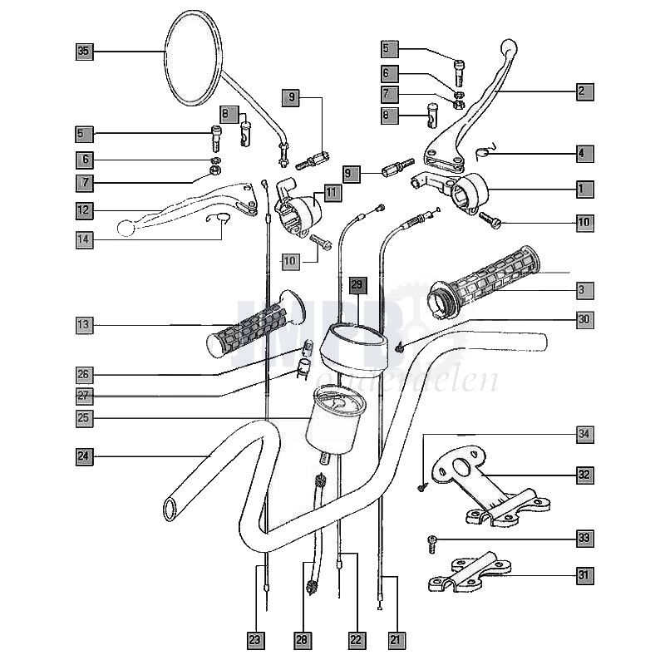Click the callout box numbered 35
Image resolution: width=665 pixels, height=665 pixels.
tap(83, 52)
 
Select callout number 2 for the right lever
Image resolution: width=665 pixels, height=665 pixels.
tap(584, 92)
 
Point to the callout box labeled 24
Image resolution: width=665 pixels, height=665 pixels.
tap(83, 456)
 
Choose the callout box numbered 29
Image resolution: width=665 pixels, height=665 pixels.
tap(357, 285)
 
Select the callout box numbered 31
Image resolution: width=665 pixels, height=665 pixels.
tap(584, 574)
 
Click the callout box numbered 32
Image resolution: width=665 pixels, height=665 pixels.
tap(584, 475)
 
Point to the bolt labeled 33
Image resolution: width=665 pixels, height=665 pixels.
tap(432, 544)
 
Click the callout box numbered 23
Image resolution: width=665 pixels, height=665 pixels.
tap(256, 639)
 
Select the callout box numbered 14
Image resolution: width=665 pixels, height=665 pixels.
tap(83, 239)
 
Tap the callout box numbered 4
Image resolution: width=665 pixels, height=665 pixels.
tap(584, 153)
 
